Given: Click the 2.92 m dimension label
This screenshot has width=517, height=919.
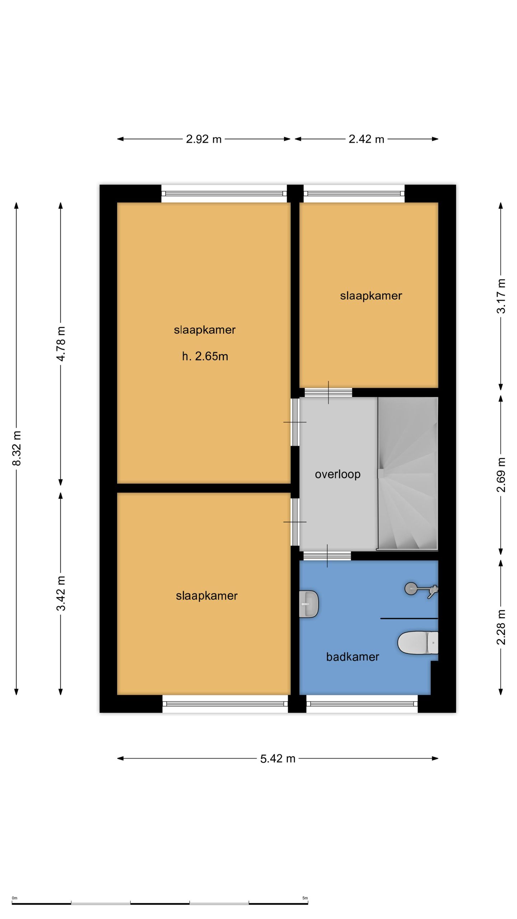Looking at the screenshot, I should pyautogui.click(x=204, y=139).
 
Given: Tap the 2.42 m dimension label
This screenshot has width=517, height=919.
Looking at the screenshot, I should pyautogui.click(x=366, y=139).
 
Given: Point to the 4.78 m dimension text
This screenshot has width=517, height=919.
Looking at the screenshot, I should pyautogui.click(x=61, y=344).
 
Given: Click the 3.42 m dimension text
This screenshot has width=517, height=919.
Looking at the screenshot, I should pyautogui.click(x=61, y=593).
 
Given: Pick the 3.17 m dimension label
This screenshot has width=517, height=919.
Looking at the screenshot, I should pyautogui.click(x=501, y=296).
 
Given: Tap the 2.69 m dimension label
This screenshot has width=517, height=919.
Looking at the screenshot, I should pyautogui.click(x=501, y=475).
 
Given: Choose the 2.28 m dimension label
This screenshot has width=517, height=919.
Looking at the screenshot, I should pyautogui.click(x=501, y=627).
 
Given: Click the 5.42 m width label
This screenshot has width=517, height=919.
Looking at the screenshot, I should pyautogui.click(x=278, y=759).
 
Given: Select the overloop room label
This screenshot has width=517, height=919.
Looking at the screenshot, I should pyautogui.click(x=337, y=474).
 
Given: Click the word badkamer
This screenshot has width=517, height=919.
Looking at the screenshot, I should pyautogui.click(x=352, y=657).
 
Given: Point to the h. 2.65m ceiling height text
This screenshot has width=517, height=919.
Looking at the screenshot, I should pyautogui.click(x=205, y=356).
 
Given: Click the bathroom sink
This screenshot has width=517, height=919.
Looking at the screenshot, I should pyautogui.click(x=308, y=604).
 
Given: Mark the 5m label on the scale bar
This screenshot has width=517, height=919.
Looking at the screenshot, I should pyautogui.click(x=305, y=898).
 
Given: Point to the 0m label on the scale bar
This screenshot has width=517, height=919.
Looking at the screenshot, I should pyautogui.click(x=14, y=898).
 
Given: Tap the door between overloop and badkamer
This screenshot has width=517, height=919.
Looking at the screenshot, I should pyautogui.click(x=327, y=556).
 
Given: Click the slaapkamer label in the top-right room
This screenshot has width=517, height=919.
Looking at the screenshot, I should pyautogui.click(x=371, y=296).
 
